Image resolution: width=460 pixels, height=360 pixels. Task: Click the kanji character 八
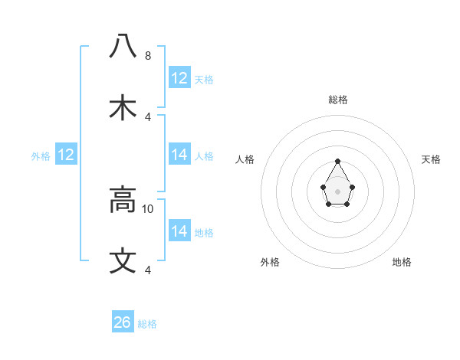(123, 47)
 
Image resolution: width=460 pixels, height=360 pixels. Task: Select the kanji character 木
(123, 107)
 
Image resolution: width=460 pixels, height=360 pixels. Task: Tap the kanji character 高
(123, 200)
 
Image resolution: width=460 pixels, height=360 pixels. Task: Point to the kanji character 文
(123, 261)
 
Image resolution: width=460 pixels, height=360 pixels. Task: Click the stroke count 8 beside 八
(148, 56)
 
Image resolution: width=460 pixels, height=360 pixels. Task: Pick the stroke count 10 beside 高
(148, 208)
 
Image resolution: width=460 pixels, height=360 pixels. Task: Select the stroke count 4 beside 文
(148, 270)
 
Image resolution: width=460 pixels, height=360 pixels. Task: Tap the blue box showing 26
(123, 322)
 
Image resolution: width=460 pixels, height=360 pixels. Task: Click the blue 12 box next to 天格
(179, 78)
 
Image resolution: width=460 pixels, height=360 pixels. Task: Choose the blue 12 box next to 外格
(66, 155)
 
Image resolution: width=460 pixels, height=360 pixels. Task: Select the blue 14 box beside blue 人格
(179, 155)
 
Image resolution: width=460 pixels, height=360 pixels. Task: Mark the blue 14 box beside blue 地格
(179, 231)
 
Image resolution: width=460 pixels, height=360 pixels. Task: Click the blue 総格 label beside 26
(147, 324)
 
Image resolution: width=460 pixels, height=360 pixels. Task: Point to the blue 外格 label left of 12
(41, 156)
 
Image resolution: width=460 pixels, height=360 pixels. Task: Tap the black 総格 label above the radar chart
(338, 100)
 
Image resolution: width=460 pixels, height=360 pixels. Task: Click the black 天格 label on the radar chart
(431, 159)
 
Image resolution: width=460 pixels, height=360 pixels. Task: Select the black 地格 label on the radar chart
(402, 262)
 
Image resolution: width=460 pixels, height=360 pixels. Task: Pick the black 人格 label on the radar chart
(245, 159)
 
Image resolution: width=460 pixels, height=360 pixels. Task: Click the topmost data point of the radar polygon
(338, 161)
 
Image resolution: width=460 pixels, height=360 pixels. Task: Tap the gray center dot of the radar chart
(338, 191)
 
